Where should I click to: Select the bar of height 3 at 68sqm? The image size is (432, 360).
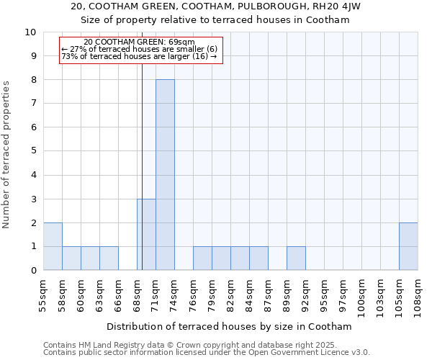[146, 235]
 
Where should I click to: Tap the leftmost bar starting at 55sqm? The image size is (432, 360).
[53, 246]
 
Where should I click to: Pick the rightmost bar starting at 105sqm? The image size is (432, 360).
[408, 246]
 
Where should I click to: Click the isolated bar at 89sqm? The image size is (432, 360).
[296, 258]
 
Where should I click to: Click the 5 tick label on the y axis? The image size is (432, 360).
[33, 151]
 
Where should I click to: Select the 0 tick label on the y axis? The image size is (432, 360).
[33, 271]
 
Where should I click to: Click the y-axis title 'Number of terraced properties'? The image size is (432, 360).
[7, 155]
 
